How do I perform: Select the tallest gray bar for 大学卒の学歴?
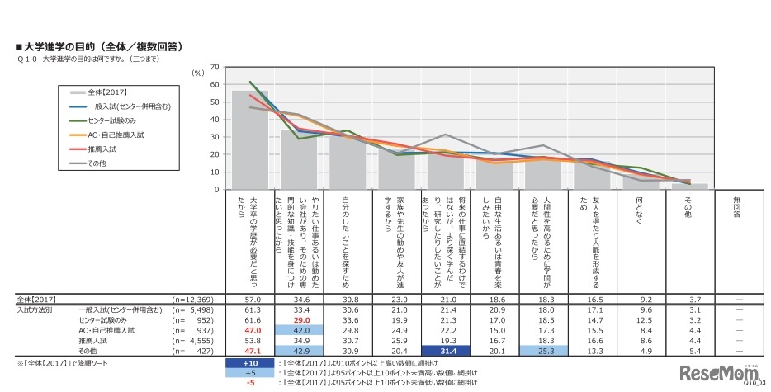click(249, 139)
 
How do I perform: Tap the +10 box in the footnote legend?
click(249, 362)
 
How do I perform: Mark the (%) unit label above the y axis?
click(197, 73)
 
